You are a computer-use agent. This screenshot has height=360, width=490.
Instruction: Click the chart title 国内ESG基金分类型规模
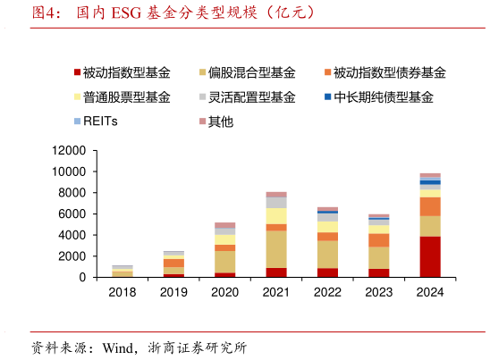click(174, 13)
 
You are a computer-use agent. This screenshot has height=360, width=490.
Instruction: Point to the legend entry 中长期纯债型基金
click(384, 96)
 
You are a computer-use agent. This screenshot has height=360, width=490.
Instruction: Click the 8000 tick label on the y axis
click(72, 192)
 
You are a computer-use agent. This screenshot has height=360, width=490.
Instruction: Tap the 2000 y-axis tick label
click(72, 256)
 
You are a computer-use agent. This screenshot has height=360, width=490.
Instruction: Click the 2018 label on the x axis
click(122, 291)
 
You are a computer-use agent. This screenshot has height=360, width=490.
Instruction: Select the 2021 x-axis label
click(275, 291)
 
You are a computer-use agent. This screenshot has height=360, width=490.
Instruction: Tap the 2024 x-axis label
click(430, 291)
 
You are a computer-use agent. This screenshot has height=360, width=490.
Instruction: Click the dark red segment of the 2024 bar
click(430, 256)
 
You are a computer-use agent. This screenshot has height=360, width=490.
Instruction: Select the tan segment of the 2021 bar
click(275, 249)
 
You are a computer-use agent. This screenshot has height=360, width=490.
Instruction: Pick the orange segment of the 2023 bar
click(379, 239)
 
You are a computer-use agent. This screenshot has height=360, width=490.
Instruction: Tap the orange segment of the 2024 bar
click(430, 206)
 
